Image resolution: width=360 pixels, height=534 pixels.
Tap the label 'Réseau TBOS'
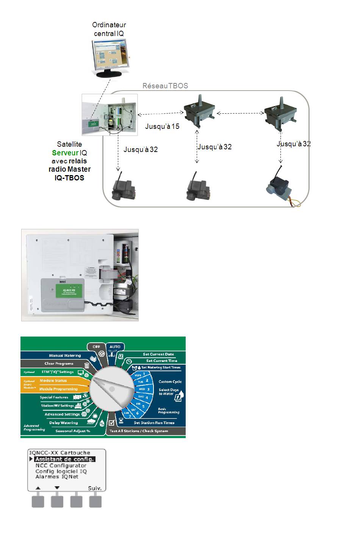pyautogui.click(x=165, y=86)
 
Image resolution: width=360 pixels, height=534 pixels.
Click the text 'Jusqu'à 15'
pyautogui.click(x=162, y=126)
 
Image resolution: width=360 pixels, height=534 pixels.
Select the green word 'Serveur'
pyautogui.click(x=65, y=153)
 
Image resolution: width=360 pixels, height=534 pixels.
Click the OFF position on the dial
pyautogui.click(x=97, y=346)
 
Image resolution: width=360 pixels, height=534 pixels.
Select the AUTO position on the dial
pyautogui.click(x=115, y=346)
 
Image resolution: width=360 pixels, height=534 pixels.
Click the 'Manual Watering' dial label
pyautogui.click(x=65, y=355)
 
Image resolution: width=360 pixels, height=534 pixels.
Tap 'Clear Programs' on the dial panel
pyautogui.click(x=59, y=363)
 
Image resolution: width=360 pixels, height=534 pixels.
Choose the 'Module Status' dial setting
pyautogui.click(x=53, y=381)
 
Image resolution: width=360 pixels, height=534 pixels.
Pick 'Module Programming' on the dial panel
pyautogui.click(x=58, y=389)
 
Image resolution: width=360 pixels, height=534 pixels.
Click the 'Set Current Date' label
pyautogui.click(x=158, y=354)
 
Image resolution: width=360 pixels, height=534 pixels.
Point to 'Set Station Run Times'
pyautogui.click(x=154, y=423)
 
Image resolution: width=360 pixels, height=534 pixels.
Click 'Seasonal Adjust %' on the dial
pyautogui.click(x=73, y=431)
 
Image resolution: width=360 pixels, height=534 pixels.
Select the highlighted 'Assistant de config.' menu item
pyautogui.click(x=64, y=459)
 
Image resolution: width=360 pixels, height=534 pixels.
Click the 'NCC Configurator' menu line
pyautogui.click(x=61, y=465)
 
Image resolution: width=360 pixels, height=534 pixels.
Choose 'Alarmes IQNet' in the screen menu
pyautogui.click(x=57, y=477)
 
